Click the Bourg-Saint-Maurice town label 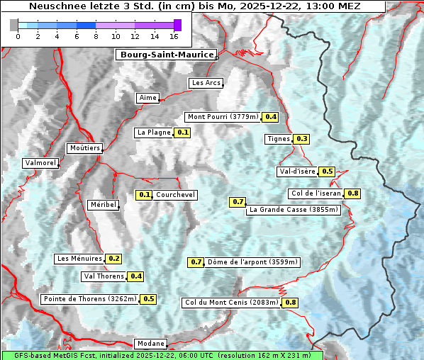click(x=166, y=55)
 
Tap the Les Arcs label click(x=206, y=83)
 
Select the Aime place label click(x=148, y=98)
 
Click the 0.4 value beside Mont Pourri click(x=270, y=117)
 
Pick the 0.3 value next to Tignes click(x=301, y=139)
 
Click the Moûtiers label click(x=84, y=148)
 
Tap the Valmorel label click(x=40, y=163)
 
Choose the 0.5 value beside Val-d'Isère click(x=327, y=171)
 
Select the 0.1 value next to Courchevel click(x=144, y=195)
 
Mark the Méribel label click(x=104, y=205)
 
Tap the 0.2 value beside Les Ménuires click(x=113, y=259)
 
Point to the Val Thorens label click(x=104, y=276)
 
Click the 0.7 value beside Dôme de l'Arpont click(x=196, y=262)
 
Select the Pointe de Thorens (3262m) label click(x=89, y=299)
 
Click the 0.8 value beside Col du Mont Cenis click(x=290, y=303)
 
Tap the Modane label click(x=150, y=344)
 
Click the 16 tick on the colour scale click(x=174, y=36)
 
